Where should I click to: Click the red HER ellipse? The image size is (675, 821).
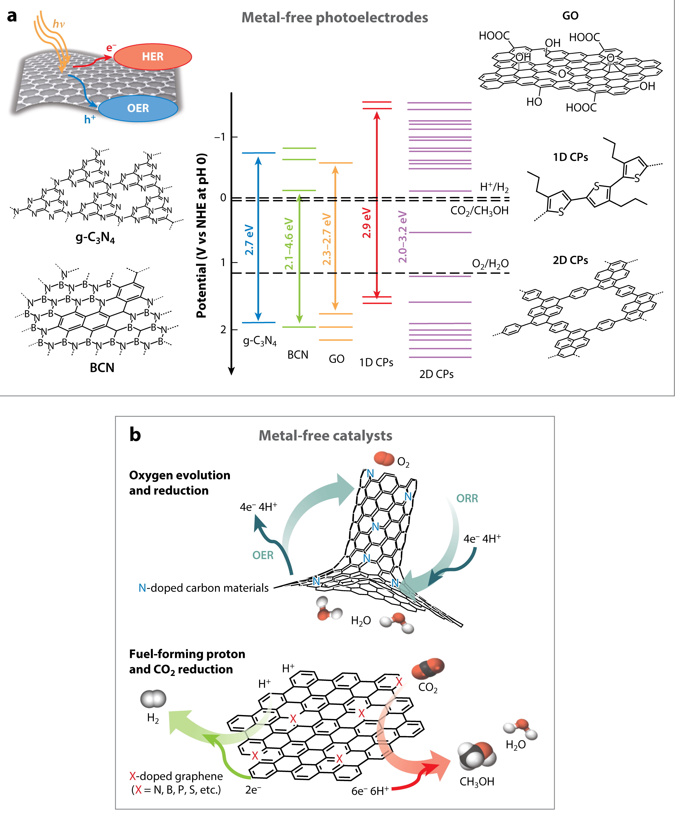tap(153, 57)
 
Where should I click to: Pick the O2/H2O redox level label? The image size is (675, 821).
tap(490, 264)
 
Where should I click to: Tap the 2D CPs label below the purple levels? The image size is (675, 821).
tap(436, 374)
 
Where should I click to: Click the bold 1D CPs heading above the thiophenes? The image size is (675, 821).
tap(570, 157)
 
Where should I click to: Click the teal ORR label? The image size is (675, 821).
tap(467, 499)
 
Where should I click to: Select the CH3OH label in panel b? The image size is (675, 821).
tap(477, 781)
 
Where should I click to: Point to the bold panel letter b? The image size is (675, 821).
tap(135, 435)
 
